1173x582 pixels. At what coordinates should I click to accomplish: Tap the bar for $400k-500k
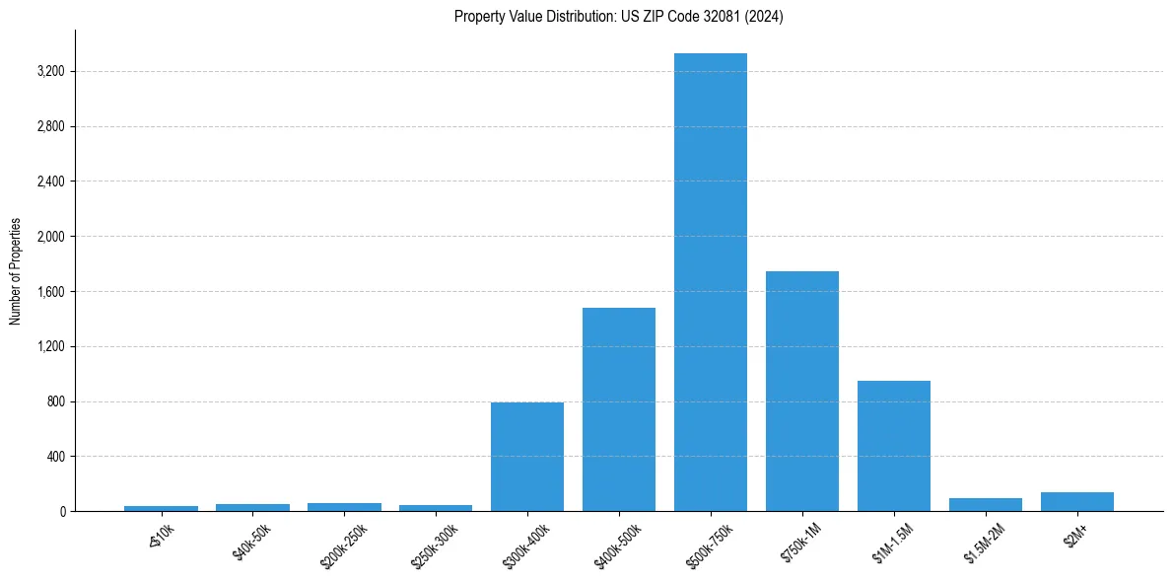pyautogui.click(x=619, y=409)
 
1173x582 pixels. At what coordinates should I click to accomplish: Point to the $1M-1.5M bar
pyautogui.click(x=894, y=446)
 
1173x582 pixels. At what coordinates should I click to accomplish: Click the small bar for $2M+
pyautogui.click(x=1077, y=502)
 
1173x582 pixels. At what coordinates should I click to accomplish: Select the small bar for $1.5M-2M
pyautogui.click(x=986, y=505)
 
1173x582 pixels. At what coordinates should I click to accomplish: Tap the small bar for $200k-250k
pyautogui.click(x=344, y=507)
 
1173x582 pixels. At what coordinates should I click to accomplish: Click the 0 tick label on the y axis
pyautogui.click(x=62, y=512)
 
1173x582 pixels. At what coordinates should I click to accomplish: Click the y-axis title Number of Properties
pyautogui.click(x=16, y=271)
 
